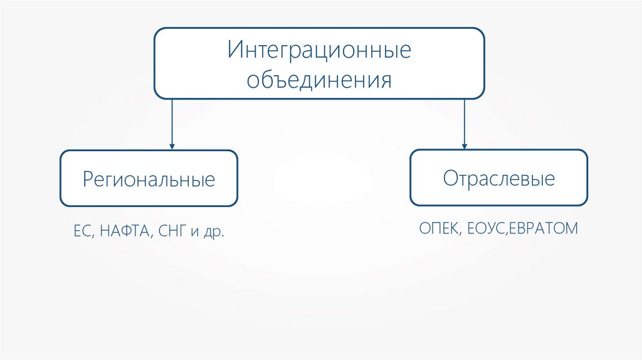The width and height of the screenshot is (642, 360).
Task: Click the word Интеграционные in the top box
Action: pos(319,50)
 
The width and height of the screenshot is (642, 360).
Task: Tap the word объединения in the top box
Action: pos(319,80)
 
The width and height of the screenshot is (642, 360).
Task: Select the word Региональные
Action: pos(149,180)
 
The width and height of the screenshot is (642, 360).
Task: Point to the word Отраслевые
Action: pos(499,179)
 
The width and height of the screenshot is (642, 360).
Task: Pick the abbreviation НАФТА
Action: pos(124,232)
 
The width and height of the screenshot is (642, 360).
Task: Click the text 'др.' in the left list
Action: pos(214,232)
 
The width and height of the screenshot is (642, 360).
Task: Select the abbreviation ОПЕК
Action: pos(440,228)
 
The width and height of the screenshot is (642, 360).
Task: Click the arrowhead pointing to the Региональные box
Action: pos(172,146)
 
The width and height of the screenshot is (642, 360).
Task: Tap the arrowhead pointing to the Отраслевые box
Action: pos(464,145)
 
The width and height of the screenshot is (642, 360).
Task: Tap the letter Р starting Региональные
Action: pos(88,180)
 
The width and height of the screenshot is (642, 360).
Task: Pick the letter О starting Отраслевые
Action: pos(450,179)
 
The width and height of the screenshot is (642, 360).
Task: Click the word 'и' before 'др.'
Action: pos(194,233)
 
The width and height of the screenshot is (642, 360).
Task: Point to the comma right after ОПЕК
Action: pos(463,233)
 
